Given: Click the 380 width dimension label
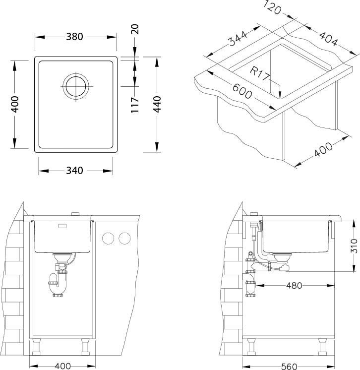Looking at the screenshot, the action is point(74,37).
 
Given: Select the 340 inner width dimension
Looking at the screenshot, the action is point(74,171).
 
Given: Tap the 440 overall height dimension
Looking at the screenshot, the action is point(157,104).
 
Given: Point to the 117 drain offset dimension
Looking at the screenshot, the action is point(135,105).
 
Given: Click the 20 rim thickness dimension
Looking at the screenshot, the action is point(135,29).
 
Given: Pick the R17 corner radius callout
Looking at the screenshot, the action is point(260,74).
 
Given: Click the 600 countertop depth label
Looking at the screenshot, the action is point(242,91).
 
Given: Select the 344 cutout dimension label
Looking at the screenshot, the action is point(239,38).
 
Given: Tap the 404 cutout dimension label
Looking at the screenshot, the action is point(328,39).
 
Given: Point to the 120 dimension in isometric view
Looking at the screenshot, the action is point(272,7).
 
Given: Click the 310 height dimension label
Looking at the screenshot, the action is point(354,246).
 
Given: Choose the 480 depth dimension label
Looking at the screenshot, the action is point(294,286).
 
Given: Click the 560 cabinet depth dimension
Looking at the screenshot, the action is point(289,367).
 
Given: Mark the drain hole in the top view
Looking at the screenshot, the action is point(76,86).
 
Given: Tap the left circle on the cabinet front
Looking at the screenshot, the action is point(108,239).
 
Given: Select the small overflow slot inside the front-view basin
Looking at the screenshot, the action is point(62,226).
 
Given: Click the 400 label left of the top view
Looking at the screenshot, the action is point(14,104).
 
